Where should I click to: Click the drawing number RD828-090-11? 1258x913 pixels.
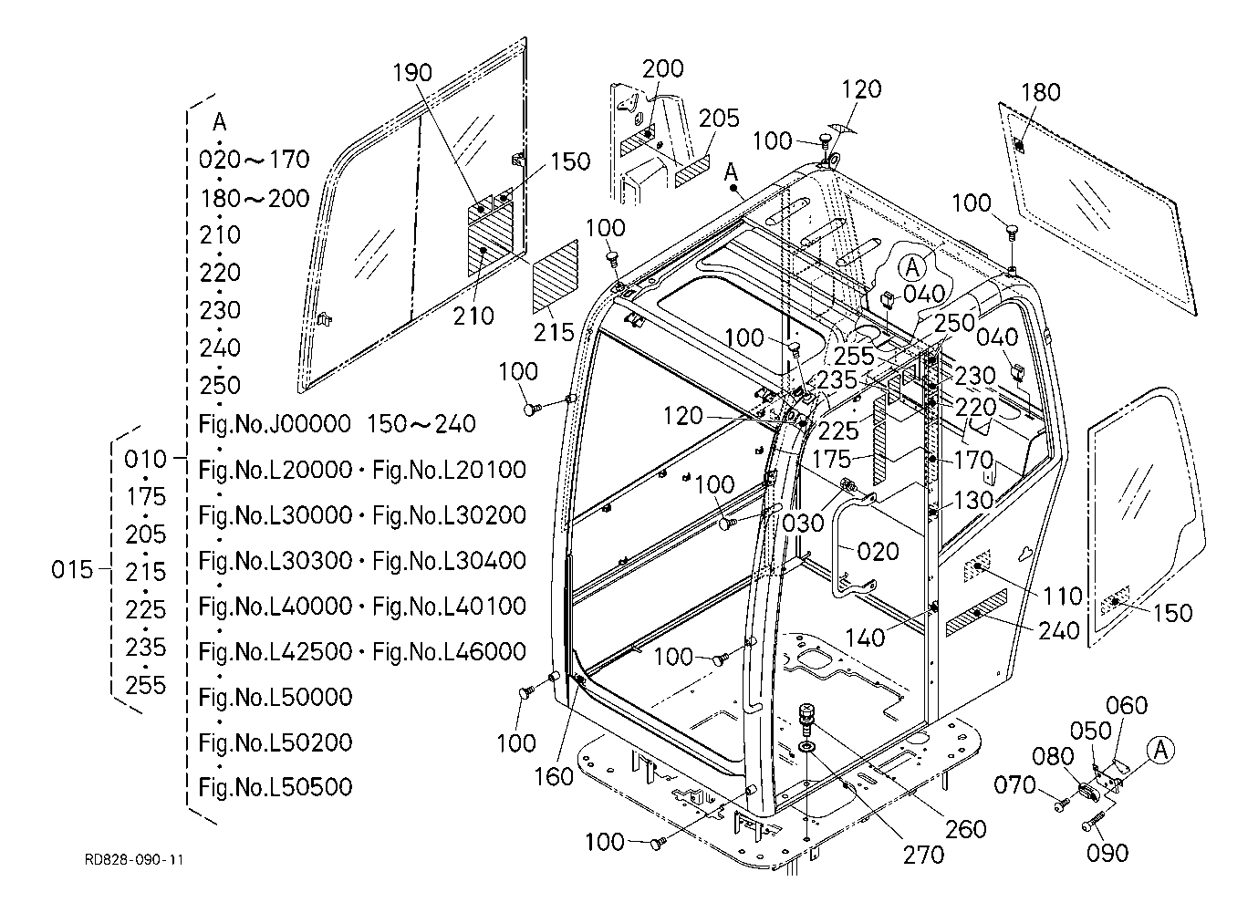pos(134,859)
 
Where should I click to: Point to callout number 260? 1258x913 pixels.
pos(966,828)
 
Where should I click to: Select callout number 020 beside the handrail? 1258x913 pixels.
pos(878,551)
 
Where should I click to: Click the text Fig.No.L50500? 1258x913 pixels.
pos(275,786)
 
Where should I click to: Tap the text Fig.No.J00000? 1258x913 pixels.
pos(275,423)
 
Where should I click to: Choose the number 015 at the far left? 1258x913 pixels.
pos(72,570)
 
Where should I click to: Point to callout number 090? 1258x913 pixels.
pos(1108,853)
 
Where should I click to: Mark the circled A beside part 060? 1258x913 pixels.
pos(1160,750)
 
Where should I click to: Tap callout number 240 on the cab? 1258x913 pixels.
pos(1058,630)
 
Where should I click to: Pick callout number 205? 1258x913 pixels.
pos(719,119)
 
